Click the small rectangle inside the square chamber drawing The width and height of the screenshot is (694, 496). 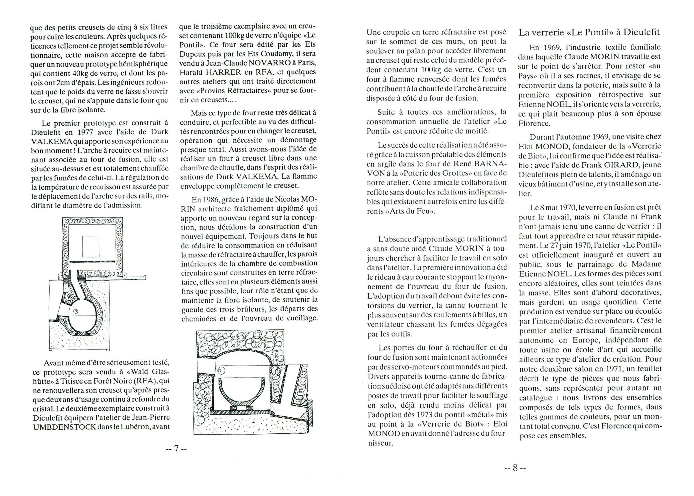pyautogui.click(x=91, y=246)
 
